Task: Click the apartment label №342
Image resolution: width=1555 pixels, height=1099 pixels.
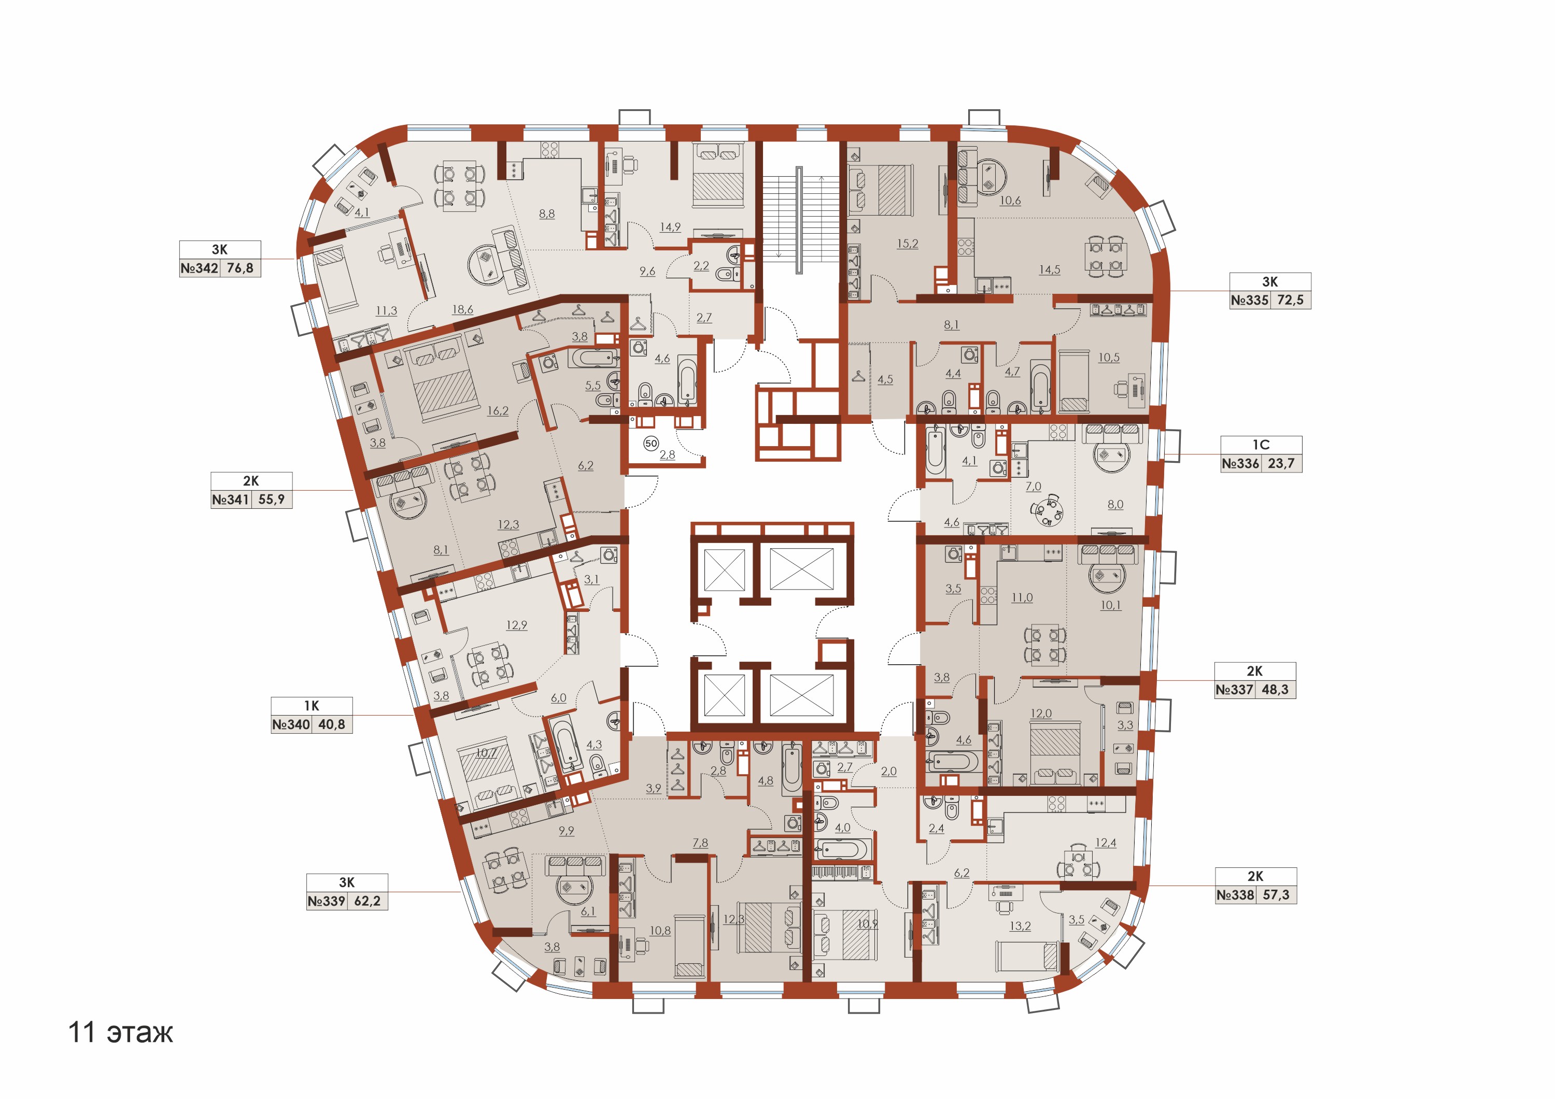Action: pyautogui.click(x=200, y=268)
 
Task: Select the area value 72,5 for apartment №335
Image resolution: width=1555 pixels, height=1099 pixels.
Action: pyautogui.click(x=1290, y=301)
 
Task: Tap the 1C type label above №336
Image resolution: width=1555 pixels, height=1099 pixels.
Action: pyautogui.click(x=1261, y=445)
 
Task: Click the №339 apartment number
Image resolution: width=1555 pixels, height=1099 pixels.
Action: pyautogui.click(x=327, y=901)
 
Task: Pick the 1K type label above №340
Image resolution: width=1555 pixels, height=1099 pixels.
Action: pyautogui.click(x=312, y=706)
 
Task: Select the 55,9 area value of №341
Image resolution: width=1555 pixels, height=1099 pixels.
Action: pyautogui.click(x=272, y=499)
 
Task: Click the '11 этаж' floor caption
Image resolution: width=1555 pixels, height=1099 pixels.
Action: pyautogui.click(x=121, y=1033)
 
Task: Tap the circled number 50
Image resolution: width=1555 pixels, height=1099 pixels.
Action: pyautogui.click(x=651, y=444)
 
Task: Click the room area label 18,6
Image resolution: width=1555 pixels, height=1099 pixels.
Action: pyautogui.click(x=462, y=309)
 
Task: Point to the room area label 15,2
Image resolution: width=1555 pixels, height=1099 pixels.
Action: pyautogui.click(x=908, y=244)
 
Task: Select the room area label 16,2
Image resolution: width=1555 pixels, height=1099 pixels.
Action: pyautogui.click(x=498, y=410)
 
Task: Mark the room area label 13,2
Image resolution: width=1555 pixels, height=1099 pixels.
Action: pyautogui.click(x=1020, y=926)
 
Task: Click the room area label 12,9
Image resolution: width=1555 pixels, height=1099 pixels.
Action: pyautogui.click(x=517, y=625)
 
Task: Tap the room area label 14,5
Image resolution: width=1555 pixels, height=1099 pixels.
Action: pyautogui.click(x=1050, y=269)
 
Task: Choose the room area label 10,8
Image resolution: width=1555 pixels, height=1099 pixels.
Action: pyautogui.click(x=660, y=931)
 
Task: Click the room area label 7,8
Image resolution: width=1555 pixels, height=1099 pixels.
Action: pyautogui.click(x=700, y=843)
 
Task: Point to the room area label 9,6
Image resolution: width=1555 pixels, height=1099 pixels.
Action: pyautogui.click(x=647, y=271)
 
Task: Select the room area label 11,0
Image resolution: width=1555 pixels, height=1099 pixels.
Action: pyautogui.click(x=1022, y=597)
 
